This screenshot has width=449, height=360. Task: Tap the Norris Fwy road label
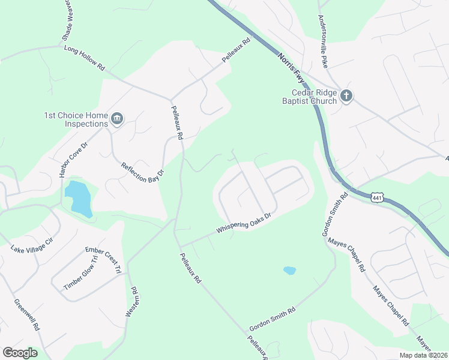coord(292,70)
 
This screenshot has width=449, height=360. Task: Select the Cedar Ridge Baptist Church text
coord(314,97)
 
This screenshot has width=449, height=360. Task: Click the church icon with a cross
coord(346,96)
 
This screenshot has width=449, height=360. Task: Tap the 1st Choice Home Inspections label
coord(76,119)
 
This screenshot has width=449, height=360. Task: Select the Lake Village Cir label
coord(32,244)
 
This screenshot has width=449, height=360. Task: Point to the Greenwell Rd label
coord(27,316)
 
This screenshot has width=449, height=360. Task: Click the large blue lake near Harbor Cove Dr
coord(79,197)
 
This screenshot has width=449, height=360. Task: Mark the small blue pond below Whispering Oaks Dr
coord(289,271)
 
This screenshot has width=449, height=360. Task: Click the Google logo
coord(20,353)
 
